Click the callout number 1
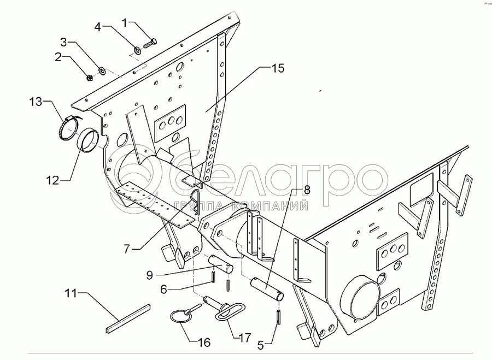tap(124, 23)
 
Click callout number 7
tap(126, 249)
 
